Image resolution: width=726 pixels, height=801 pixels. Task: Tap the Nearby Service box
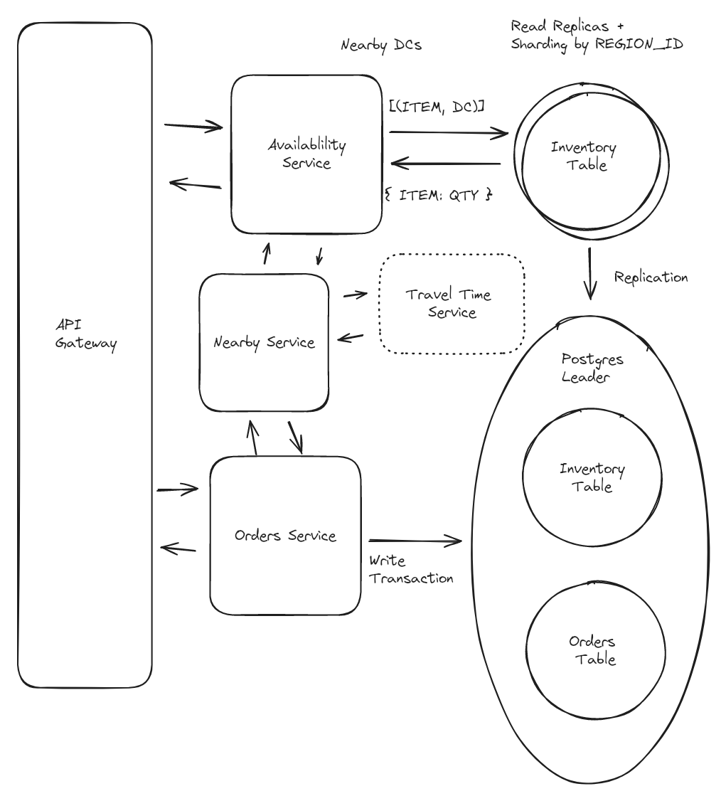[264, 342]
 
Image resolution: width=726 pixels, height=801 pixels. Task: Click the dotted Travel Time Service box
[452, 303]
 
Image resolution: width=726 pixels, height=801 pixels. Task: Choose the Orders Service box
[284, 536]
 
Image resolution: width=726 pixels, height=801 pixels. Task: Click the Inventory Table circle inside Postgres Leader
[592, 477]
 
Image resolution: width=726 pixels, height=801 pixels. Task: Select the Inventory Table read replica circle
[583, 156]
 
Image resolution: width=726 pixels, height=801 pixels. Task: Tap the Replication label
[651, 277]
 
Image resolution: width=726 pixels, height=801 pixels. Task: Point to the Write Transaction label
[411, 570]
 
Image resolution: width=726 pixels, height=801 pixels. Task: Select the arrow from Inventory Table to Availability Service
[448, 164]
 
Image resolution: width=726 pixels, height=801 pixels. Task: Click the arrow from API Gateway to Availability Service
[193, 128]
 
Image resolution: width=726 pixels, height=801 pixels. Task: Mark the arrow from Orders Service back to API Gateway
[178, 547]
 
